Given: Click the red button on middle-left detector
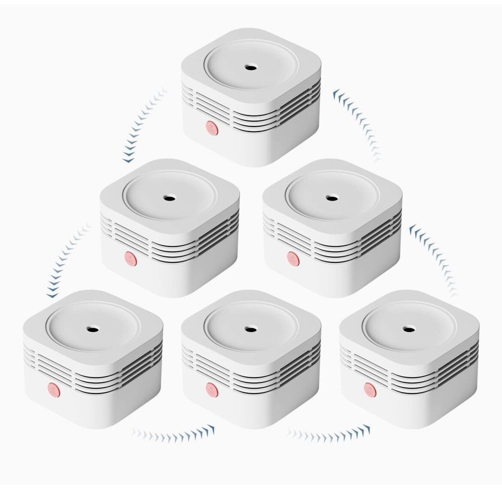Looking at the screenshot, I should tap(131, 258).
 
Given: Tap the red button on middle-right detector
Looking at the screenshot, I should tap(293, 258).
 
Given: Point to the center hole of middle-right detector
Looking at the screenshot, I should tap(331, 197).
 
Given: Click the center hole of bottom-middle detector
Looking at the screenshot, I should tap(249, 329).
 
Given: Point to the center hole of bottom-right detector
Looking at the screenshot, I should tap(408, 329).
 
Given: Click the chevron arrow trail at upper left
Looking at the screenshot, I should tap(143, 126).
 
